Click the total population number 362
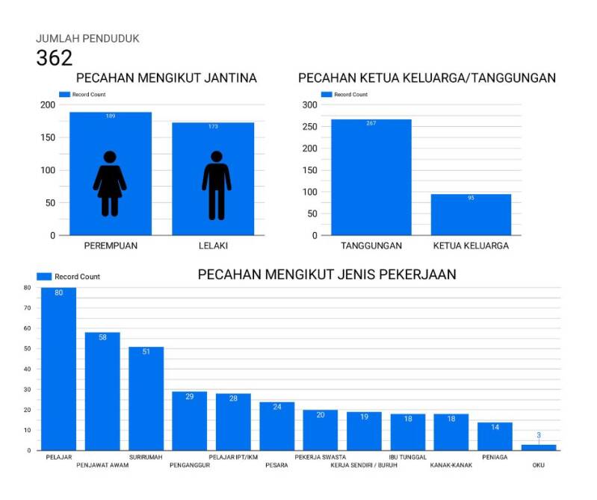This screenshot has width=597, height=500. pyautogui.click(x=55, y=58)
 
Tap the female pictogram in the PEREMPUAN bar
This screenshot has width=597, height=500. pyautogui.click(x=110, y=184)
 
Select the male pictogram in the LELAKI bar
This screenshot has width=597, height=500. pyautogui.click(x=216, y=186)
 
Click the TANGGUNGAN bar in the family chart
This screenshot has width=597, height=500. pyautogui.click(x=371, y=179)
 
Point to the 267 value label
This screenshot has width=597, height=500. pyautogui.click(x=371, y=123)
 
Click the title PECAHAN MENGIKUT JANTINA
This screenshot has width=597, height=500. pyautogui.click(x=167, y=78)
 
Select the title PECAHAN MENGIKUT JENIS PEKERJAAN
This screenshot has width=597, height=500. pyautogui.click(x=327, y=275)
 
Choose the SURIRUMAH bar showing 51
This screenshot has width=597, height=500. pyautogui.click(x=146, y=399)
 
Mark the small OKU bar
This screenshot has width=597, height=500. pyautogui.click(x=539, y=447)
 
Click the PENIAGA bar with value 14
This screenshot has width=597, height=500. pyautogui.click(x=495, y=437)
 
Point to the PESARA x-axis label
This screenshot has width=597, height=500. pyautogui.click(x=276, y=465)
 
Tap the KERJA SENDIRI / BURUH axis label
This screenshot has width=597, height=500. pyautogui.click(x=364, y=465)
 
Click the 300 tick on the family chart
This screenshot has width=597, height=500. pyautogui.click(x=309, y=104)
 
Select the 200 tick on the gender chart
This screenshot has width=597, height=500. pyautogui.click(x=48, y=104)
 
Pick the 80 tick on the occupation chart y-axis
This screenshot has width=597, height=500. pyautogui.click(x=27, y=287)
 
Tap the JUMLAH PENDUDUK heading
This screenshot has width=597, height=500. pyautogui.click(x=87, y=38)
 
